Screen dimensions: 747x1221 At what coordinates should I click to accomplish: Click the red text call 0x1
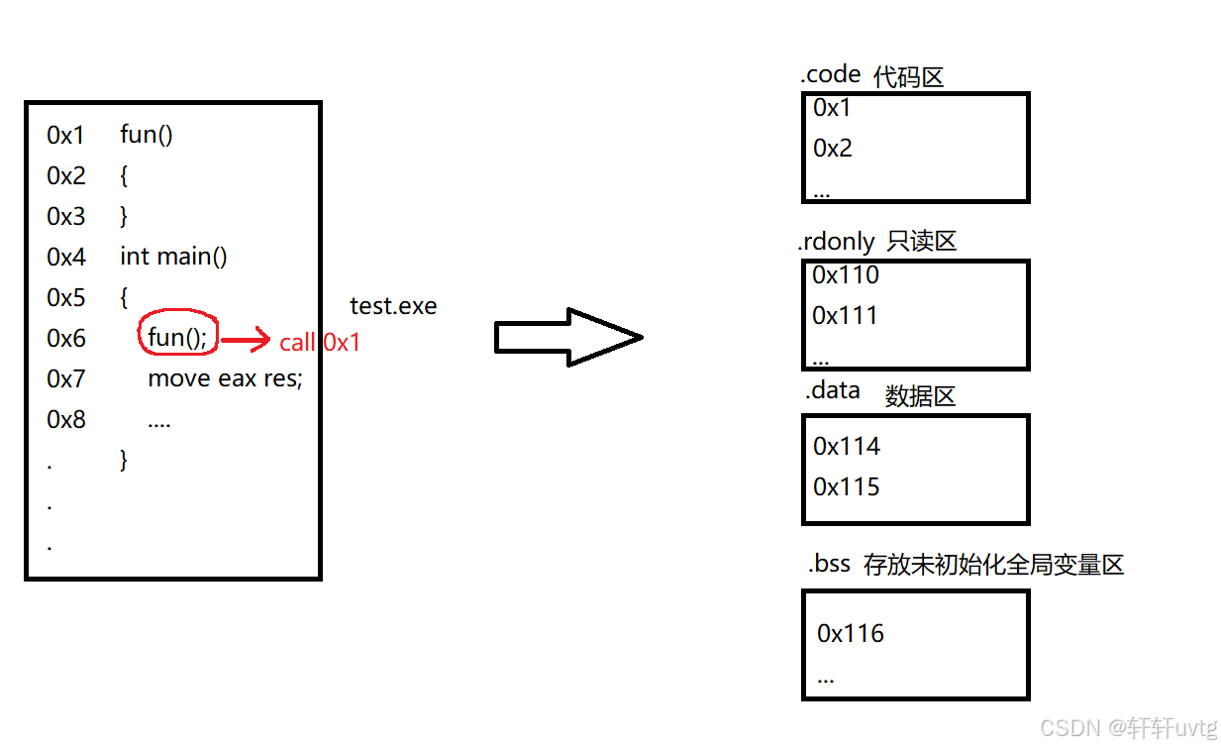tap(320, 343)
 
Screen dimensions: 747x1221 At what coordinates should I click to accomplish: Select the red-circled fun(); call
tap(177, 338)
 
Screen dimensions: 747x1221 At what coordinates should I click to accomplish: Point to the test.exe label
tap(393, 306)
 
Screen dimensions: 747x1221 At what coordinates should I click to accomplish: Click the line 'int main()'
tap(173, 257)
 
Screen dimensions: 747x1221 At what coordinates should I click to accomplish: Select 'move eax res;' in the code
tap(225, 378)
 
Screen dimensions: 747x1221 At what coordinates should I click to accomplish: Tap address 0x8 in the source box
tap(66, 419)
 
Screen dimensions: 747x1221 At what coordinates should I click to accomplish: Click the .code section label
tap(830, 75)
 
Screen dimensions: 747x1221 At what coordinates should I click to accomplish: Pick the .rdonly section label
tap(837, 242)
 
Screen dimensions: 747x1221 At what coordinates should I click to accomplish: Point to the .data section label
tap(833, 390)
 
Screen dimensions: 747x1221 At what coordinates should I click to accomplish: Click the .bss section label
tap(829, 565)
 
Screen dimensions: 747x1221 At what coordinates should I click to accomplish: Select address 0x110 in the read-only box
tap(846, 275)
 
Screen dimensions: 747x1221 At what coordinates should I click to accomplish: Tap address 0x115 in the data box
tap(847, 486)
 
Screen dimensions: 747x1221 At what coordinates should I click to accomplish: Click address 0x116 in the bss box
tap(851, 633)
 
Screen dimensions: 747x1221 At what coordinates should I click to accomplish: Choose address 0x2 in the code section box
tap(833, 148)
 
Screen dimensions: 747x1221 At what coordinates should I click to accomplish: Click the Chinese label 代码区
tap(908, 77)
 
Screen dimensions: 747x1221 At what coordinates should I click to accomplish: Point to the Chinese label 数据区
tap(920, 396)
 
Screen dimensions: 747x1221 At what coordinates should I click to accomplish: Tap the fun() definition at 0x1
tap(147, 134)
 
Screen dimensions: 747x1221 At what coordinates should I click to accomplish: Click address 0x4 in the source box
tap(66, 257)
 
